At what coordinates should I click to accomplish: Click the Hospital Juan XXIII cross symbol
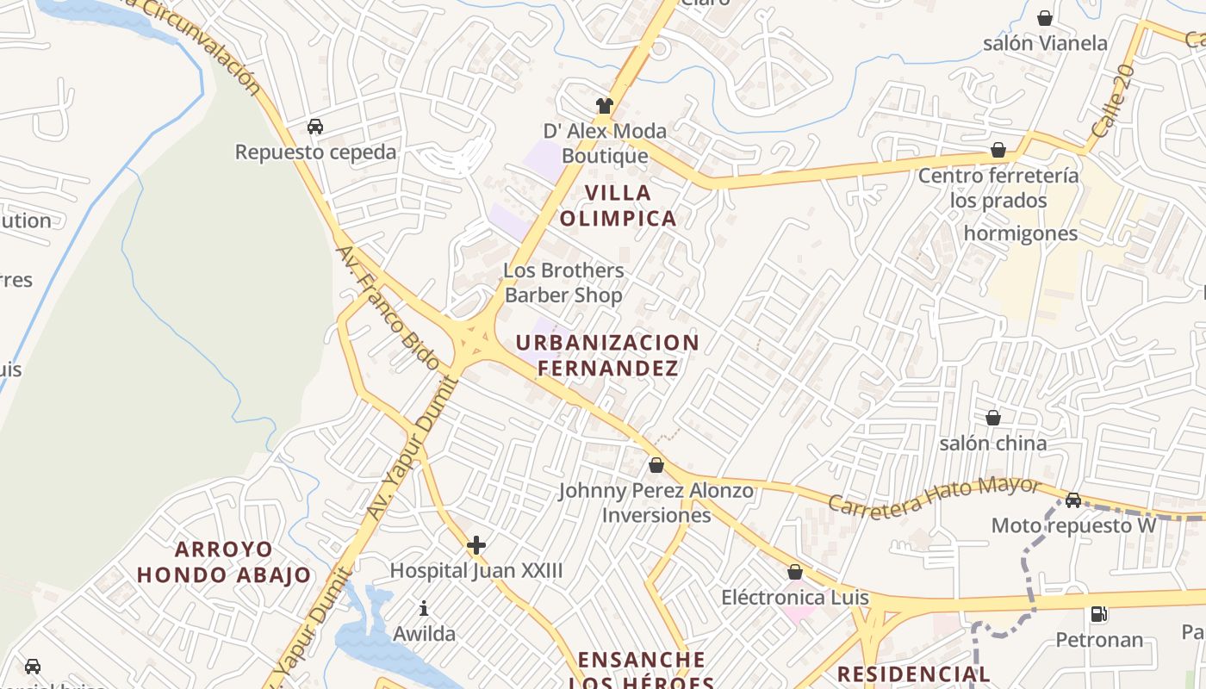[476, 545]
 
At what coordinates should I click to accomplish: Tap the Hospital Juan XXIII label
[476, 570]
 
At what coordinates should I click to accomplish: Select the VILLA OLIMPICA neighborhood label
[618, 205]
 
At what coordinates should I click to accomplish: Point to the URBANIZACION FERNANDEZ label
[608, 355]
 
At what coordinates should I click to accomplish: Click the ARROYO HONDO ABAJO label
[224, 562]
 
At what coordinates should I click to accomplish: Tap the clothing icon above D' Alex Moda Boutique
[605, 106]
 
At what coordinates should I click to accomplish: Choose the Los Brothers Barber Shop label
[563, 282]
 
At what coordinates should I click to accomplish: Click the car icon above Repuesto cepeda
[315, 127]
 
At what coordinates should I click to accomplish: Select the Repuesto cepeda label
[316, 152]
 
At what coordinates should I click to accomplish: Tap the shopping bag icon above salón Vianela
[1045, 18]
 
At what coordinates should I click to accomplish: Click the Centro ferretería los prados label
[998, 188]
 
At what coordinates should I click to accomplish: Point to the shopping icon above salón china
[993, 418]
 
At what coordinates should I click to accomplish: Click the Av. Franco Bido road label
[388, 307]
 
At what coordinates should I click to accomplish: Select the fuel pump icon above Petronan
[1099, 614]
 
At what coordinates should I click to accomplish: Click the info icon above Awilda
[424, 609]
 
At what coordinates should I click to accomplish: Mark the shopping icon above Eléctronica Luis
[795, 572]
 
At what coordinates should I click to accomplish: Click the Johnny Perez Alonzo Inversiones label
[656, 503]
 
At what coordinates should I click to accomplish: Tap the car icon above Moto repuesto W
[1073, 500]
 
